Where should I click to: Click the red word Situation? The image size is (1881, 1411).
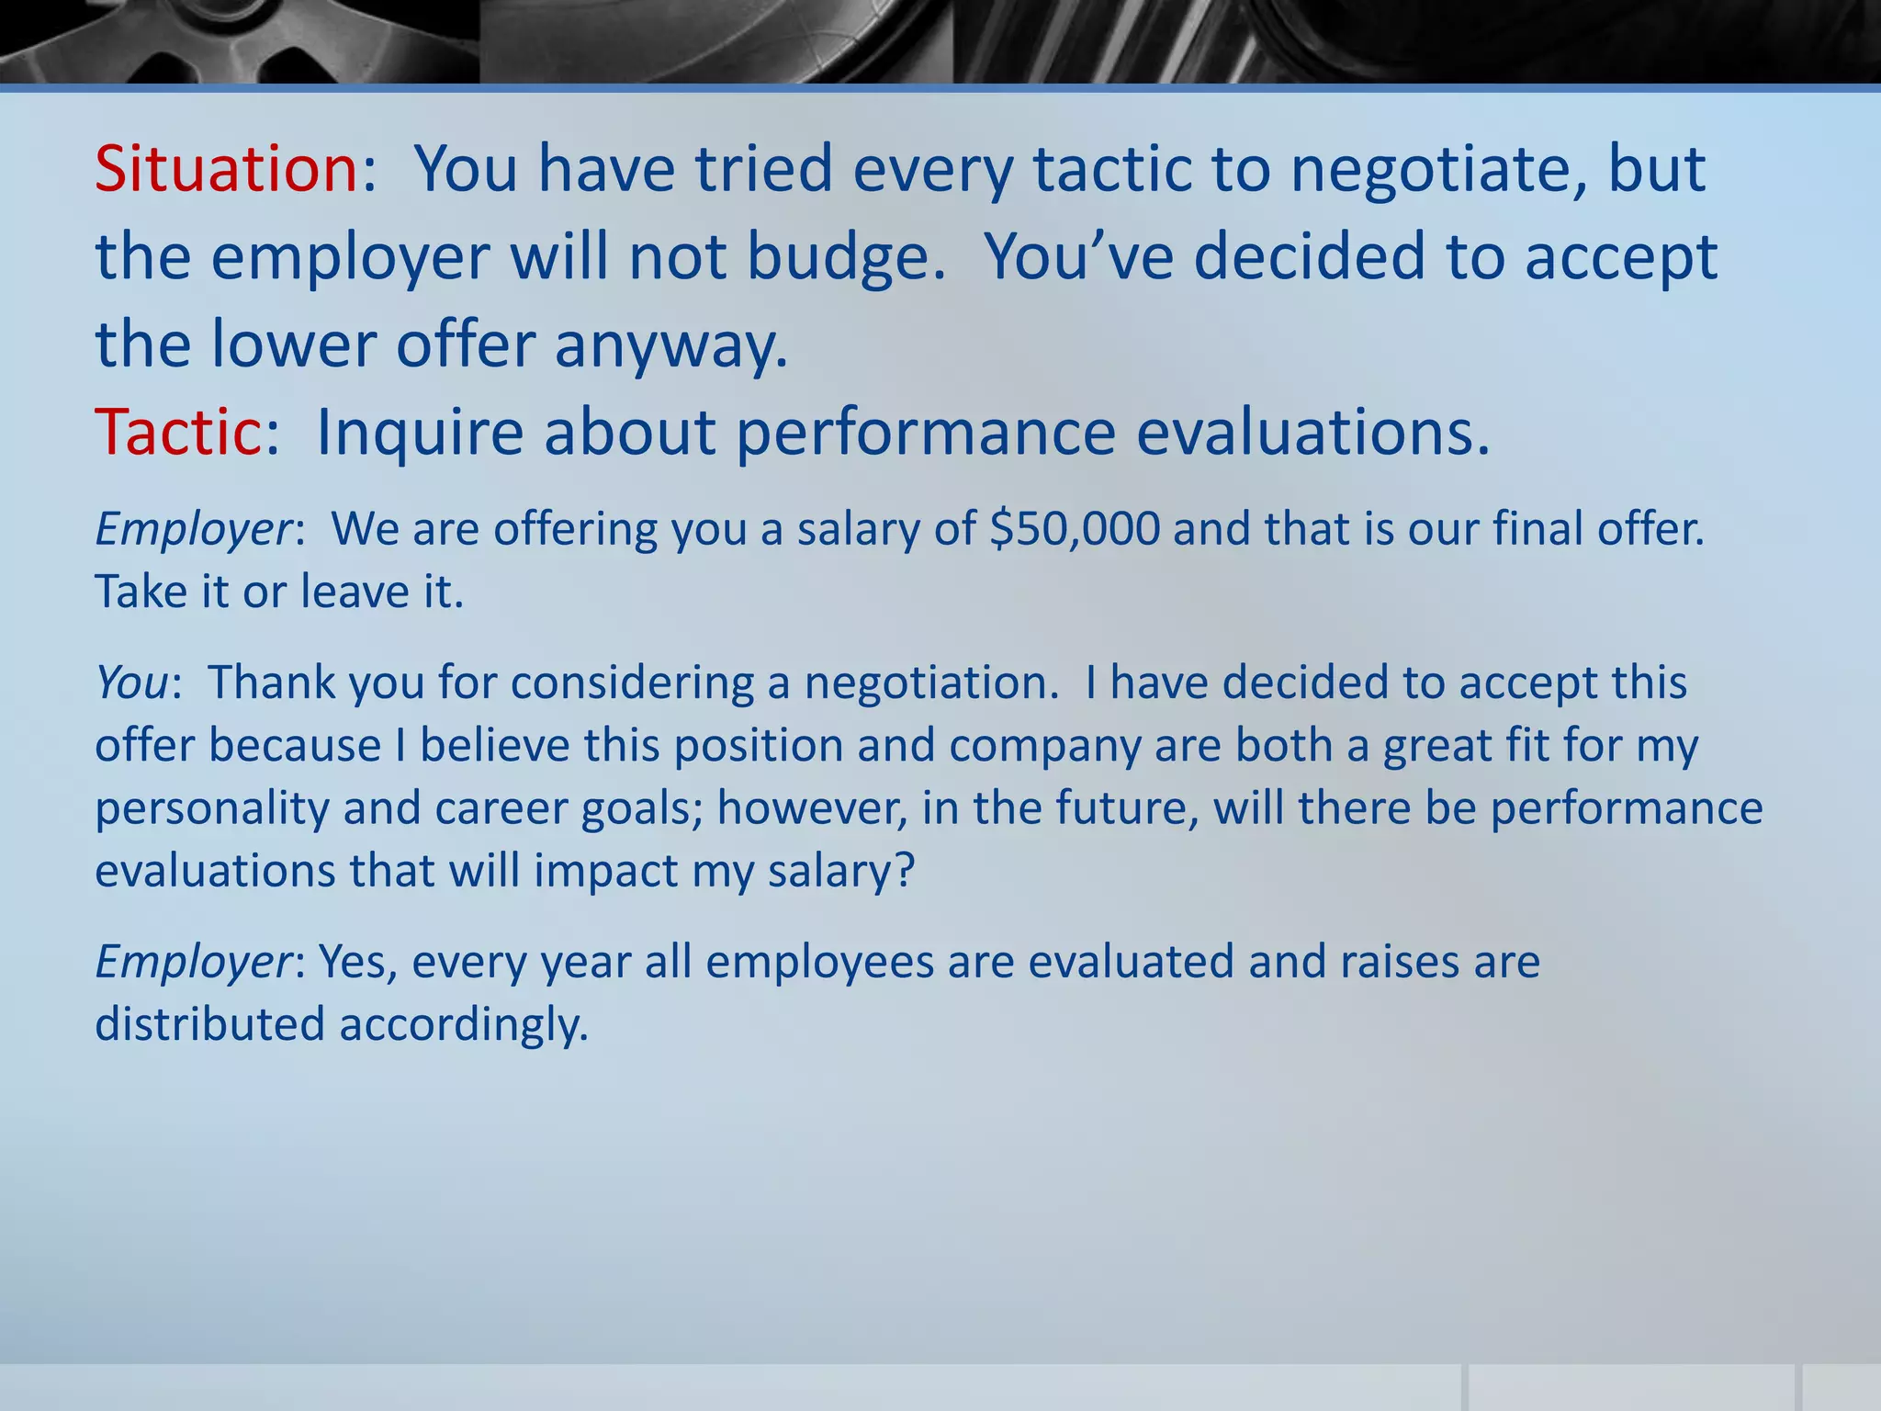[x=226, y=170]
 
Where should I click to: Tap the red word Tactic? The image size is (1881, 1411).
[x=178, y=432]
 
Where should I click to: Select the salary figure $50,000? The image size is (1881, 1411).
[x=1076, y=530]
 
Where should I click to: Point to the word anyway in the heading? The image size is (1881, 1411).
[x=670, y=345]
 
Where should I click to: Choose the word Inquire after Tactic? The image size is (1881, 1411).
[x=418, y=432]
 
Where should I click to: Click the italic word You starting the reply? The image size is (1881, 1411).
[x=132, y=683]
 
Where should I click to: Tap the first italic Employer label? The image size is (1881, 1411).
[x=194, y=530]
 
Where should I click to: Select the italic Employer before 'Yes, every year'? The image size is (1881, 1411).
[x=194, y=963]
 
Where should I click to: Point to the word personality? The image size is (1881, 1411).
[x=211, y=808]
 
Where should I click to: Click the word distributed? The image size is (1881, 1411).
[x=209, y=1025]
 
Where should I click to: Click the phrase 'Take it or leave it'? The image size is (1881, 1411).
[x=279, y=593]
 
